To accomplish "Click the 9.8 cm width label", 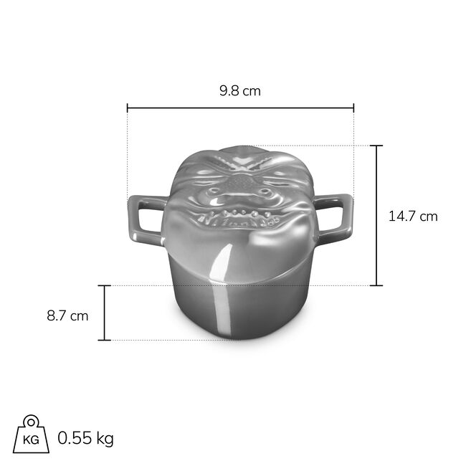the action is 240,90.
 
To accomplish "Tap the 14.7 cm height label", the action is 413,216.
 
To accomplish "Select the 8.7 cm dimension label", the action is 67,315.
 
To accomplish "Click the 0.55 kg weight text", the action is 85,438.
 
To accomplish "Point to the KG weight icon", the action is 31,434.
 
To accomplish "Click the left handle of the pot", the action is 146,218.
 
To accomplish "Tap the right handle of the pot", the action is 333,214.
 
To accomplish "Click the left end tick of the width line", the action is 128,108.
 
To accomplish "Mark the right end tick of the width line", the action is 353,108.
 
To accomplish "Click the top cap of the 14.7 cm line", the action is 376,146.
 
